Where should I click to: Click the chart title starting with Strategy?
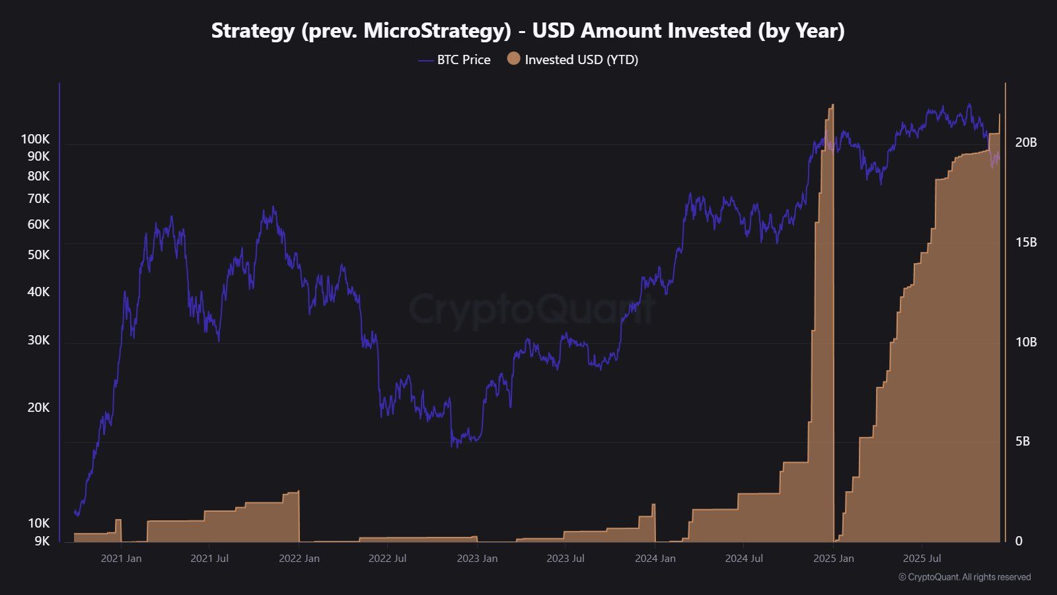pos(528,30)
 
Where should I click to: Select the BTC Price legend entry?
pos(463,59)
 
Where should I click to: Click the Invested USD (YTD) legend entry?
pos(581,59)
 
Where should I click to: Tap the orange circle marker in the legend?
pos(513,59)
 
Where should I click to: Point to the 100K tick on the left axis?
pos(35,139)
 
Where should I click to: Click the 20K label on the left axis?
pos(38,407)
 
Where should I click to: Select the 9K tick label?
pos(42,541)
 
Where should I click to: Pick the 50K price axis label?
pos(38,255)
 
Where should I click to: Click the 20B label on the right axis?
pos(1026,142)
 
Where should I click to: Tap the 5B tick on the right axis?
pos(1022,441)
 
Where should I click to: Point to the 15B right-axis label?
pos(1026,242)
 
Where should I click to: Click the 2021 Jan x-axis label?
pos(121,558)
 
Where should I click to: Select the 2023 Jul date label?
pos(565,558)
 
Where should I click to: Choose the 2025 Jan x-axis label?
pos(833,558)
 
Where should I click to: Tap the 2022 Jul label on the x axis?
pos(387,558)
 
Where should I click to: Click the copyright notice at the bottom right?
pos(964,577)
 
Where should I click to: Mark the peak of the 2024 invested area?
pos(831,106)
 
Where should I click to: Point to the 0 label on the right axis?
pos(1019,541)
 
